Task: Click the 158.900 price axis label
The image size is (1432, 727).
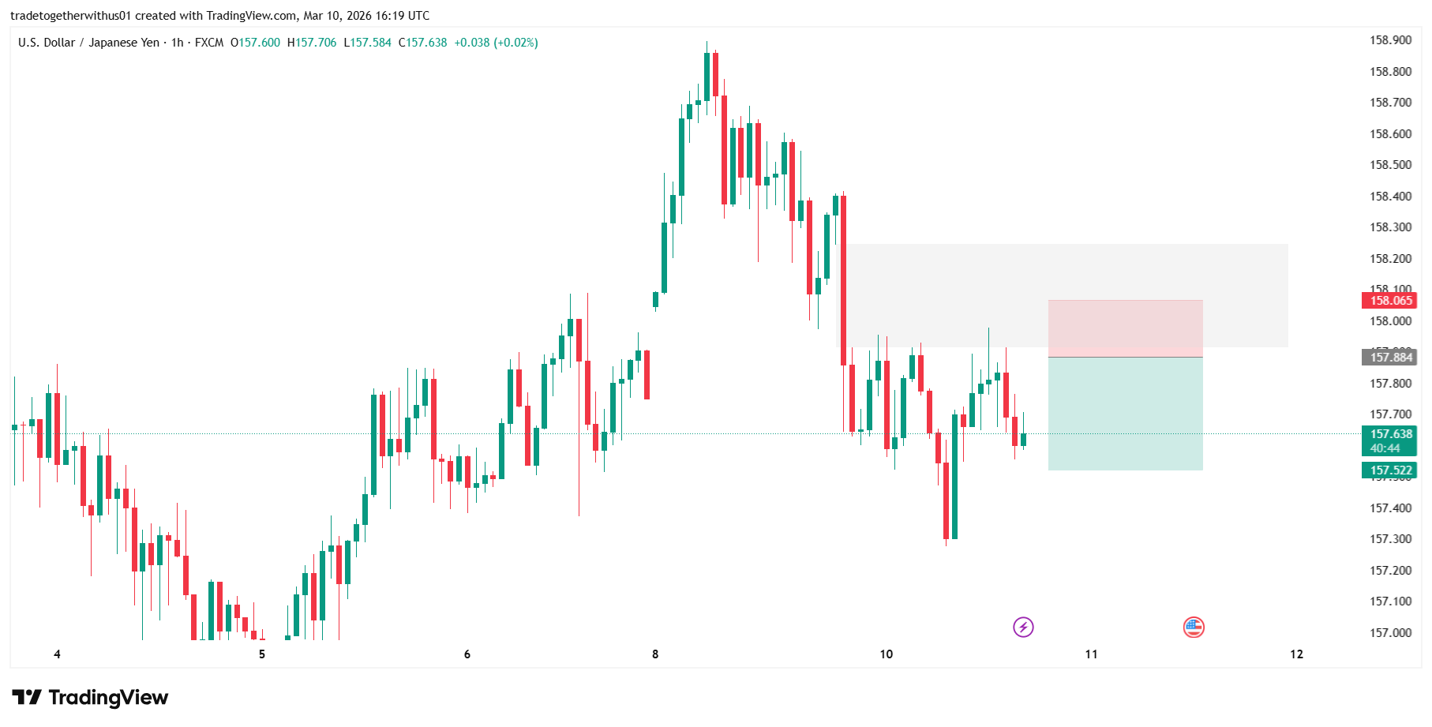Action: click(x=1390, y=40)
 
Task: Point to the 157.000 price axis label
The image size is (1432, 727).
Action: click(x=1390, y=633)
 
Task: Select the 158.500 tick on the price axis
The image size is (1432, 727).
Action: click(x=1390, y=165)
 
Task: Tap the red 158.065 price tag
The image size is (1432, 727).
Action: click(x=1389, y=301)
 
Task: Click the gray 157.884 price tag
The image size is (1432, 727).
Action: click(x=1389, y=358)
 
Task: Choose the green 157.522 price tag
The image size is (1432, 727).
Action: click(x=1389, y=470)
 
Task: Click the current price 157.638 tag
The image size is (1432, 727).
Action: click(x=1389, y=434)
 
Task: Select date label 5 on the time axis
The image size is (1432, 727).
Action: click(x=262, y=654)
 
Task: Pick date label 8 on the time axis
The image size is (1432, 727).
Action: click(x=655, y=654)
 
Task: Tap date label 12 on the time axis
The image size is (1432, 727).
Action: click(x=1296, y=654)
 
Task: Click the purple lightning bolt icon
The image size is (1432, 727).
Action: click(x=1023, y=628)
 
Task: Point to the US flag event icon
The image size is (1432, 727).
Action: click(x=1194, y=628)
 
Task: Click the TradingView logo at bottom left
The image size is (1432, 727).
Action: click(x=90, y=698)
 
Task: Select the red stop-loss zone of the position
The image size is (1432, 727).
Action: click(x=1125, y=328)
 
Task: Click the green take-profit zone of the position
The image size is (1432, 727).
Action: click(x=1125, y=414)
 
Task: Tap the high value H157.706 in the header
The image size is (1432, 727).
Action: click(x=312, y=43)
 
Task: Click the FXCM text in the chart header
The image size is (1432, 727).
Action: click(x=209, y=43)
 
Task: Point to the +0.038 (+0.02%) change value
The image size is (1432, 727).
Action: click(x=496, y=43)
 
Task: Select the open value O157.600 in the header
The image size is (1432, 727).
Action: click(x=255, y=43)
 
